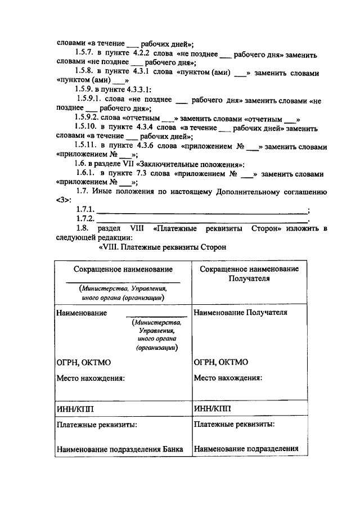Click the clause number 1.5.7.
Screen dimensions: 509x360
[86, 55]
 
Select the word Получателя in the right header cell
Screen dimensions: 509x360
[249, 278]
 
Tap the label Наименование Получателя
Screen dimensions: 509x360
[240, 312]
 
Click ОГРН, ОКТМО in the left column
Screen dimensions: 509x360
[82, 362]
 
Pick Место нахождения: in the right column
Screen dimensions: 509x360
[228, 378]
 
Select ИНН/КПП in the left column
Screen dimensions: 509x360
[75, 409]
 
